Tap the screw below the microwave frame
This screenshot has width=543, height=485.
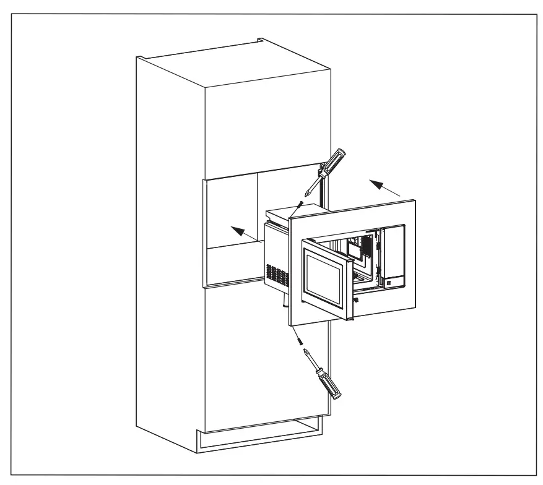(299, 340)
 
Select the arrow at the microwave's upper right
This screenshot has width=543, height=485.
(384, 187)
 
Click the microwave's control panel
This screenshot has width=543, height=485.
(393, 257)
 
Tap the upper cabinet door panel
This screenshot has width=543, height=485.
(266, 124)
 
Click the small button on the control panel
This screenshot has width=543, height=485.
(388, 284)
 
